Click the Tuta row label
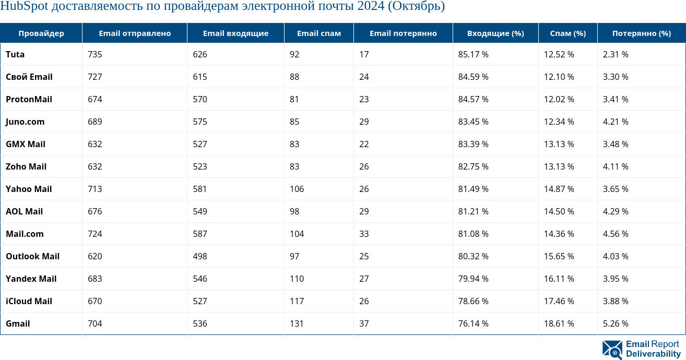[15, 54]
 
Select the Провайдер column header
[41, 33]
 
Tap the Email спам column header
[319, 33]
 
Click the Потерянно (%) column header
[642, 33]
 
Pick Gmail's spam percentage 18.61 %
[559, 323]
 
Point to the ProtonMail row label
[29, 99]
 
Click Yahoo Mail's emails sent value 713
[95, 189]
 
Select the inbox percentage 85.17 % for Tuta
[473, 54]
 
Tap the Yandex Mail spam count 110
[297, 279]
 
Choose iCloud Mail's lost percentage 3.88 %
[616, 301]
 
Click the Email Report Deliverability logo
[641, 349]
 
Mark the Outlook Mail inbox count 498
[200, 256]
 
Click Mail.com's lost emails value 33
[364, 234]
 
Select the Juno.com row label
[25, 122]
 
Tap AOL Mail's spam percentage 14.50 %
[559, 211]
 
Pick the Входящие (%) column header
[495, 33]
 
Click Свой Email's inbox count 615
[200, 77]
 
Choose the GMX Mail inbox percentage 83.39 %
[473, 144]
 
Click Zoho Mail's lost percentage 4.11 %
[616, 166]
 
